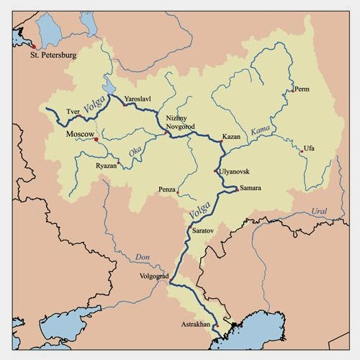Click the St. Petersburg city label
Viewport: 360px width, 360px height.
53,54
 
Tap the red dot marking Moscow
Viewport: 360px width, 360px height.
96,140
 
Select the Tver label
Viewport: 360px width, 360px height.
73,112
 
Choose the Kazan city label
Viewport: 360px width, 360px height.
231,136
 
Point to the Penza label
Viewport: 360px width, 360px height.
168,190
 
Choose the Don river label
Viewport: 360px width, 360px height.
143,258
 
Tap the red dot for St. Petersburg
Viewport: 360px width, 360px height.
32,47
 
